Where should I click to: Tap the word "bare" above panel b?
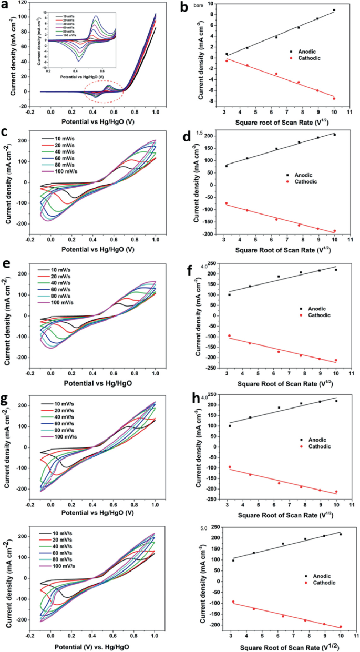(215, 5)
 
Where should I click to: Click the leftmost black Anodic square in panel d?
(227, 166)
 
